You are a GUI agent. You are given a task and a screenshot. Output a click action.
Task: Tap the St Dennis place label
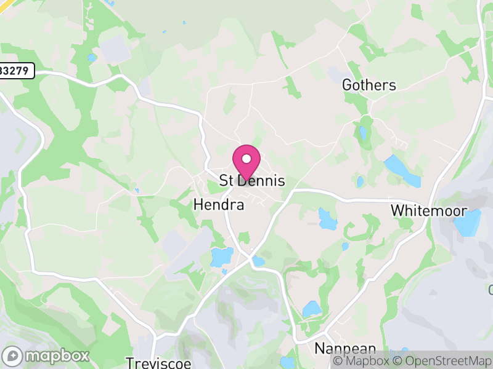[253, 181]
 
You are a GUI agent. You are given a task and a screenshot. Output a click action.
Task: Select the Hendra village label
[219, 205]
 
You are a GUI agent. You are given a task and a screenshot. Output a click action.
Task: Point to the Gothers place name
[369, 85]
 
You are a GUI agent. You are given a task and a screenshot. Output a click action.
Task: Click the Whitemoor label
[428, 210]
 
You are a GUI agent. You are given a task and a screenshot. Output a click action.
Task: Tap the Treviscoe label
[155, 362]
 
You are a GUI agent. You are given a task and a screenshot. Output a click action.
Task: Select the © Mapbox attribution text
[362, 361]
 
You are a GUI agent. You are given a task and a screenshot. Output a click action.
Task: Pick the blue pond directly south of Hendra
[221, 256]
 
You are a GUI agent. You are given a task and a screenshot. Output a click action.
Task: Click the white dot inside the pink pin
[246, 159]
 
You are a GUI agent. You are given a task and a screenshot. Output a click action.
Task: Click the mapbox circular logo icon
[13, 355]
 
